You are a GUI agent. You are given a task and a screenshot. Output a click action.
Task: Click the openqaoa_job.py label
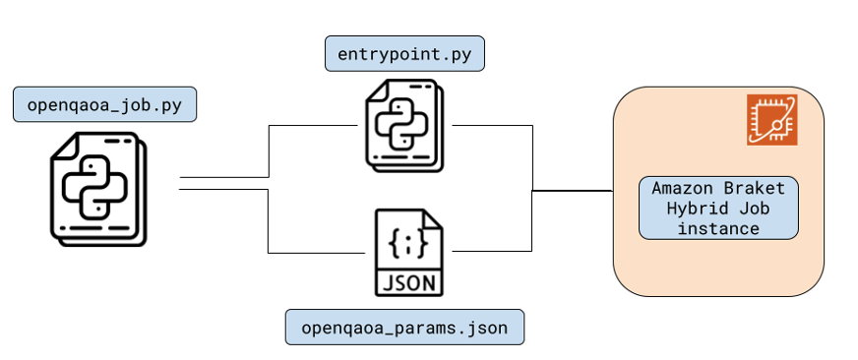pyautogui.click(x=104, y=104)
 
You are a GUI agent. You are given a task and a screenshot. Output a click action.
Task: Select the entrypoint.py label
pyautogui.click(x=404, y=53)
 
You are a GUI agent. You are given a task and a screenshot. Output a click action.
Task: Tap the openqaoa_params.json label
pyautogui.click(x=404, y=328)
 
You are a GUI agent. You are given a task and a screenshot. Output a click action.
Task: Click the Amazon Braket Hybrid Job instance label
pyautogui.click(x=717, y=208)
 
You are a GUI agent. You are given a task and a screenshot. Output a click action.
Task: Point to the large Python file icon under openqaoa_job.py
pyautogui.click(x=96, y=188)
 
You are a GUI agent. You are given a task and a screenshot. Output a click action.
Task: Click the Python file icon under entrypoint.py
pyautogui.click(x=403, y=124)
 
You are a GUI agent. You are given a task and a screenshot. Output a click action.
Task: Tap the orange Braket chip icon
pyautogui.click(x=771, y=120)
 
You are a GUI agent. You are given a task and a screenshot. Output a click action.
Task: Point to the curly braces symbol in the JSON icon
pyautogui.click(x=408, y=240)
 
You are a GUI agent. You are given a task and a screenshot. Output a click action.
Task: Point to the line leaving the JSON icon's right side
pyautogui.click(x=492, y=252)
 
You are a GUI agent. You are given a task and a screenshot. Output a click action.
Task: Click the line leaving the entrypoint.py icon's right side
pyautogui.click(x=492, y=126)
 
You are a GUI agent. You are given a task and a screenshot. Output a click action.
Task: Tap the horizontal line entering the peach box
pyautogui.click(x=573, y=190)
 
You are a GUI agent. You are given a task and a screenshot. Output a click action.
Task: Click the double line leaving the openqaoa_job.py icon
pyautogui.click(x=223, y=183)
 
